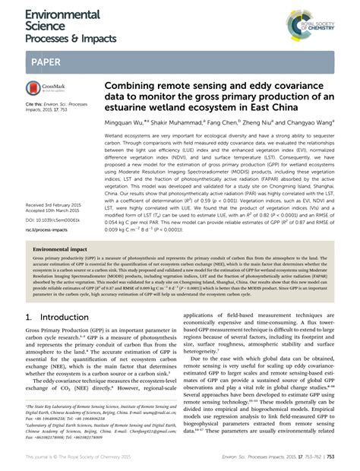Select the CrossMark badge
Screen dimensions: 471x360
pos(47,90)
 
